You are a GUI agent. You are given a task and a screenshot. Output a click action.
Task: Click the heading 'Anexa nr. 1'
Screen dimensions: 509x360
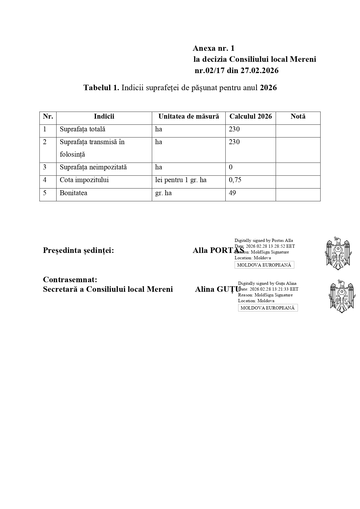(214, 48)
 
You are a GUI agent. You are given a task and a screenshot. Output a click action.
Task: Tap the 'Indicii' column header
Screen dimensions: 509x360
(104, 117)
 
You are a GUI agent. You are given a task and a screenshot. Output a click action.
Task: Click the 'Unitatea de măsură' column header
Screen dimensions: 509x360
(189, 117)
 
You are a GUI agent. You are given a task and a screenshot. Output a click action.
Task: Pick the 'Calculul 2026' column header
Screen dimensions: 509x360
(251, 117)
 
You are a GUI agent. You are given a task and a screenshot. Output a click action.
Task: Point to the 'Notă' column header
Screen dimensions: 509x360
(298, 117)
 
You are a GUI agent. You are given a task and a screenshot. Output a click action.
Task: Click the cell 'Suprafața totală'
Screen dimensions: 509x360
(82, 129)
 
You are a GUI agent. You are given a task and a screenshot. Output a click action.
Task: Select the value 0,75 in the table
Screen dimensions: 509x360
(235, 180)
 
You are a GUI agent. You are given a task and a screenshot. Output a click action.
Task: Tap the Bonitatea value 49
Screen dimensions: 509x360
(232, 193)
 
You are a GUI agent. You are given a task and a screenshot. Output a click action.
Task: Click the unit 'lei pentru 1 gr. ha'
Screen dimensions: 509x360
(181, 180)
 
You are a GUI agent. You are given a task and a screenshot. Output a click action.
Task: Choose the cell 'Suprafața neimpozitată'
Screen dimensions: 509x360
(93, 167)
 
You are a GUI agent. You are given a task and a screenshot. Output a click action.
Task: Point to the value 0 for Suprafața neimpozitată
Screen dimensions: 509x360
(231, 167)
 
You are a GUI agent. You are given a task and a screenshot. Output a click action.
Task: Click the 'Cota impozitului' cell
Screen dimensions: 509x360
(84, 180)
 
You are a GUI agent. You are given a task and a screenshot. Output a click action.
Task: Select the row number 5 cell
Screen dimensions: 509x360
(45, 193)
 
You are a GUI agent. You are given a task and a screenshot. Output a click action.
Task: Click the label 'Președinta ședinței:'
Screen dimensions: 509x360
(78, 251)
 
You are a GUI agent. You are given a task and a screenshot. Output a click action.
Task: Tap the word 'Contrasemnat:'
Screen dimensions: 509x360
(70, 280)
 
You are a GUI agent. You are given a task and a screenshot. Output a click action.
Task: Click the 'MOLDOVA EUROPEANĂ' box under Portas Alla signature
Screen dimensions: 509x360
(264, 265)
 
